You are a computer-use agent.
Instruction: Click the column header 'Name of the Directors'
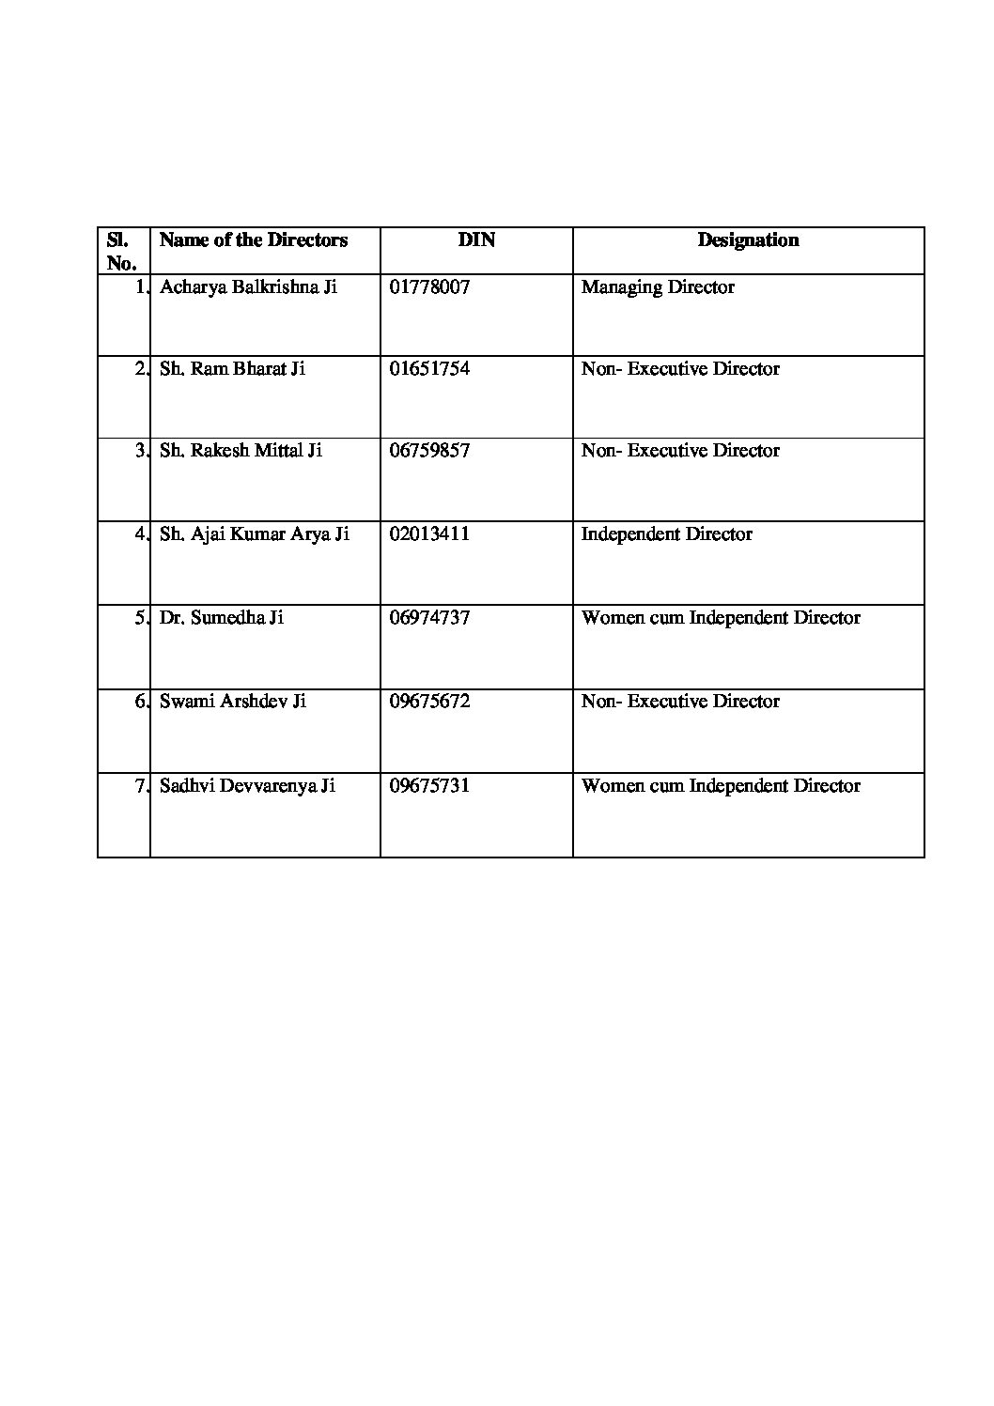click(x=254, y=240)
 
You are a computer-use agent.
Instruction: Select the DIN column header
click(x=476, y=240)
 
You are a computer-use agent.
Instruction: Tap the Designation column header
click(x=748, y=240)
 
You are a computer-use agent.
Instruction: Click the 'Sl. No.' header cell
click(x=122, y=251)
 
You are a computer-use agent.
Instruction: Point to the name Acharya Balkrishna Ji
click(x=248, y=287)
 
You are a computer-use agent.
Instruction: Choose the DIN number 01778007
click(x=429, y=287)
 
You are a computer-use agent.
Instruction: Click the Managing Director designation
click(x=658, y=287)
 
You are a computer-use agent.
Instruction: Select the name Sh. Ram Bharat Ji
click(x=232, y=369)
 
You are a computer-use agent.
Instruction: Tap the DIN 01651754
click(x=429, y=369)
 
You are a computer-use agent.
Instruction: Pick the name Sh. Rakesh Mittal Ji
click(x=241, y=451)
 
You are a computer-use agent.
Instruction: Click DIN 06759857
click(x=429, y=451)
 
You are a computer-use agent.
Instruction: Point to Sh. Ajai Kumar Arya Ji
click(x=255, y=534)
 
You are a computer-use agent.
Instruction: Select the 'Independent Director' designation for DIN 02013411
click(x=667, y=534)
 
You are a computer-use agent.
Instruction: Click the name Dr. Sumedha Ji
click(x=222, y=618)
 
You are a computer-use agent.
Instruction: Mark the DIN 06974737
click(x=429, y=618)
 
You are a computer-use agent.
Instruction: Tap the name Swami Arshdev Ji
click(x=233, y=702)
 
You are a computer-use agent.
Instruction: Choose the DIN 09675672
click(x=429, y=702)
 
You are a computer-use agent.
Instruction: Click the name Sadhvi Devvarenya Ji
click(x=247, y=786)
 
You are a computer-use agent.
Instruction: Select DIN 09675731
click(x=429, y=786)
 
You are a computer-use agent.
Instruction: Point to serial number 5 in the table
click(x=140, y=618)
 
